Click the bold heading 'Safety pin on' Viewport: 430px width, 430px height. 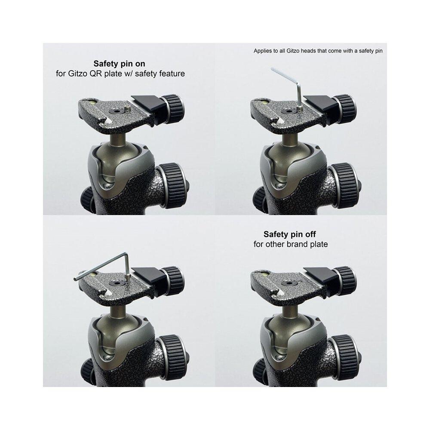(119, 64)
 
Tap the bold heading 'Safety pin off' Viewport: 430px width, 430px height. (289, 234)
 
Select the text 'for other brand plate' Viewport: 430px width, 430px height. (291, 244)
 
